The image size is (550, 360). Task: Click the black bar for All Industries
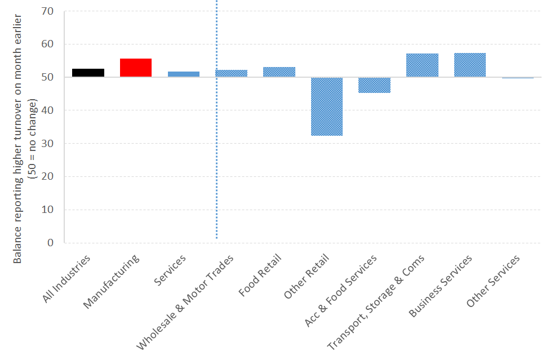pos(88,73)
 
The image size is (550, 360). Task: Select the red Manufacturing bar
pos(136,68)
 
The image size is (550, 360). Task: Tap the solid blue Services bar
pos(184,74)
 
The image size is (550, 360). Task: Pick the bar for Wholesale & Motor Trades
pos(232,73)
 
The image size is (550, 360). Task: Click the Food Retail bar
pos(279,72)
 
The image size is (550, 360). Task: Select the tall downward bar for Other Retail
pos(327,106)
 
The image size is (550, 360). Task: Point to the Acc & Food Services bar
pos(374,85)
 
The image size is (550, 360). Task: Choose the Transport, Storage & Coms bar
pos(422,65)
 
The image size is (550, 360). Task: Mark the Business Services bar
pos(470,65)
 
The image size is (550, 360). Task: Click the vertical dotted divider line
pos(216,141)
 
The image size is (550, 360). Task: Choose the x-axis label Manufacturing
pos(113,281)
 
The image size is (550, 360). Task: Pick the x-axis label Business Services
pos(441,285)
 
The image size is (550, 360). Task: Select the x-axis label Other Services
pos(494,281)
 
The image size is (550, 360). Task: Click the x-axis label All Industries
pos(67,279)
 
